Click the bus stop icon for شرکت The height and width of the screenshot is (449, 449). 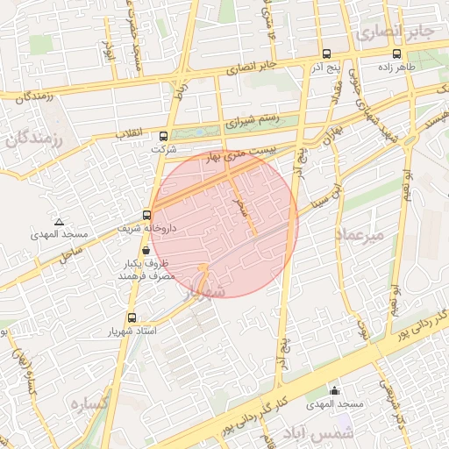point(163,136)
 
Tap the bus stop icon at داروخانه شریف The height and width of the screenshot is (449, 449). point(146,213)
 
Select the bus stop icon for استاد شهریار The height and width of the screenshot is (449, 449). point(132,317)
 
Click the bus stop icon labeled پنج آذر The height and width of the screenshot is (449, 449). point(326,53)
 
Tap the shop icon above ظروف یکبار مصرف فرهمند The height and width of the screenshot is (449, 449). point(145,250)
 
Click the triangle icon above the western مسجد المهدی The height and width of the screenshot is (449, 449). point(59,222)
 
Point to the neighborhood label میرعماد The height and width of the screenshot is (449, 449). point(360,235)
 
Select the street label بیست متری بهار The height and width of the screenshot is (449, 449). point(240,155)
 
